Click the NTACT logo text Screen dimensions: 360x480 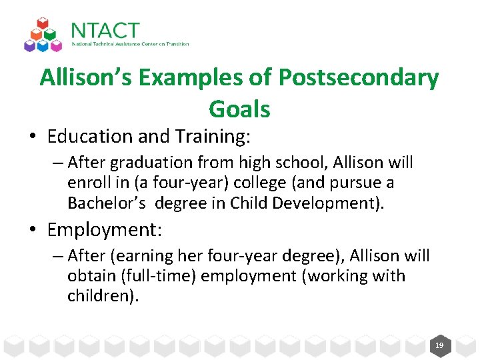[105, 31]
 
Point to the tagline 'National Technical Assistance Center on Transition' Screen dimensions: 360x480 [130, 45]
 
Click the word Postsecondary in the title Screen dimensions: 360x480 [359, 78]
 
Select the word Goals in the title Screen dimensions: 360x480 [239, 109]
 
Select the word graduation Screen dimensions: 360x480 [141, 163]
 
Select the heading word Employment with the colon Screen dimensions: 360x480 [105, 230]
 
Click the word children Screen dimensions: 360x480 [99, 296]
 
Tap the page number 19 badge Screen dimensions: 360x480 [439, 346]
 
